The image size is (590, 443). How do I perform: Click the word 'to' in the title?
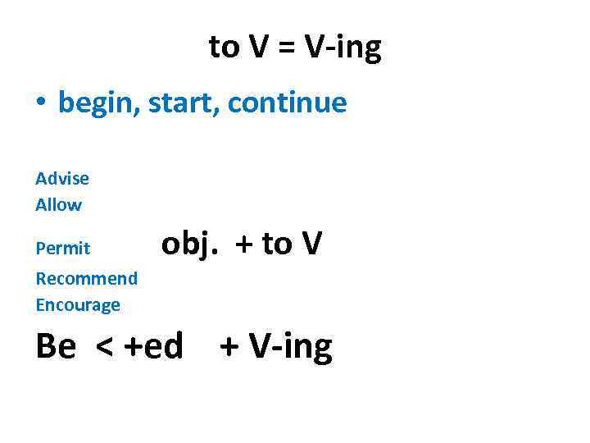(224, 48)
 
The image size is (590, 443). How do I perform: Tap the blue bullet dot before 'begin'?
(40, 104)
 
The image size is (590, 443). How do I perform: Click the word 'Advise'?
(62, 178)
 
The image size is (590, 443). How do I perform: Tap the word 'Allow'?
(59, 204)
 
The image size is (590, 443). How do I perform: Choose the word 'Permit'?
(63, 248)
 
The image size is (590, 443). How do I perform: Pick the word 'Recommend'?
(87, 278)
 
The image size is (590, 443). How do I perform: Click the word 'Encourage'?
(78, 305)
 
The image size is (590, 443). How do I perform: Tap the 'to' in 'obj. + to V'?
(275, 244)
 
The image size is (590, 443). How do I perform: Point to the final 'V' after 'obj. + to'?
(311, 244)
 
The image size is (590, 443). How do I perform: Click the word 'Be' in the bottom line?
(56, 347)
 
